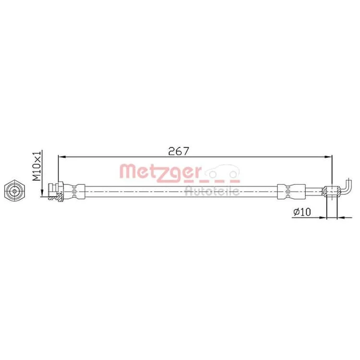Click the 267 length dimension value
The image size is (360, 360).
[x=179, y=151]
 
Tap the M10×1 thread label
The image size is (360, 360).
[x=37, y=166]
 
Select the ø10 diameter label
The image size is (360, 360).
[x=302, y=212]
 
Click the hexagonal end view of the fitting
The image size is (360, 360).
[x=14, y=191]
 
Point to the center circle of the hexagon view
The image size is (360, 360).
[x=14, y=191]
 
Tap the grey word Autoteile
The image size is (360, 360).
[x=212, y=191]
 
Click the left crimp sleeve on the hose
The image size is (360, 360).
[x=74, y=191]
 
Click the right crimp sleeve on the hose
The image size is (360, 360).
[x=291, y=191]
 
